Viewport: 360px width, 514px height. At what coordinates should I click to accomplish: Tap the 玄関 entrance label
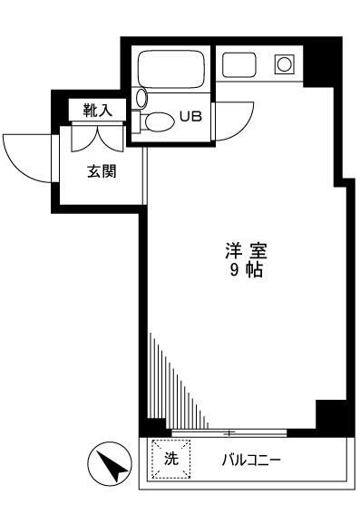[101, 172]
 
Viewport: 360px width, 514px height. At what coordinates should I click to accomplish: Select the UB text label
[190, 116]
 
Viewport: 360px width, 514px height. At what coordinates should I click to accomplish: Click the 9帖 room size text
[245, 271]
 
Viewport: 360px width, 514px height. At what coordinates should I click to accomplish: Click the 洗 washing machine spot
[170, 458]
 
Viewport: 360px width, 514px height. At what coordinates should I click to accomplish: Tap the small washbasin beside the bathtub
[141, 97]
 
